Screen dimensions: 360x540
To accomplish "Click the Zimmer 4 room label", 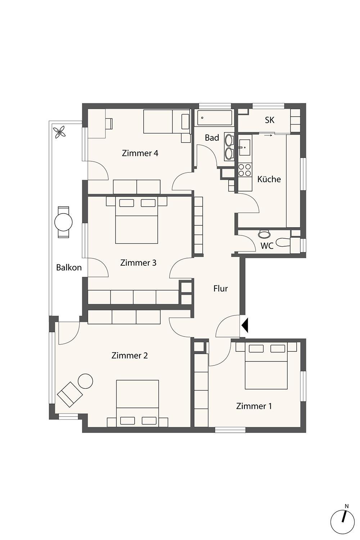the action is point(140,153).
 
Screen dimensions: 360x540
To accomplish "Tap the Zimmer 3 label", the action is point(138,262).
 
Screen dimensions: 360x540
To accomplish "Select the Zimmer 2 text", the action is point(130,355).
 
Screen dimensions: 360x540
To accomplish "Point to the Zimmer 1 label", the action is point(254,406).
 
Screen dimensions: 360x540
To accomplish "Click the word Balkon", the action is point(69,267).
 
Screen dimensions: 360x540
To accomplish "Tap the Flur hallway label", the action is point(220,288).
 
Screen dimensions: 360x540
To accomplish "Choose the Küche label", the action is point(269,179).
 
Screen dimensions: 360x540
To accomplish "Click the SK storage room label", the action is point(270,120).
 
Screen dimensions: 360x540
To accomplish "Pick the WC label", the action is point(267,246).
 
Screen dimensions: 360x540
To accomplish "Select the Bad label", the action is point(212,138).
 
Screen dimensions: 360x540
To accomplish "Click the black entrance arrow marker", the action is point(244,325).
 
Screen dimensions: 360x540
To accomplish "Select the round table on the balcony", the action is point(63,222).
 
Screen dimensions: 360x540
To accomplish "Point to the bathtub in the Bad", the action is point(214,118).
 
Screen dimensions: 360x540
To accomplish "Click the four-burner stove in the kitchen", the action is point(245,170).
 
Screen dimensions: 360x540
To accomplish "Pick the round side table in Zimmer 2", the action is point(85,381).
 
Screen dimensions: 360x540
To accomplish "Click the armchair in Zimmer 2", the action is point(70,394).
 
